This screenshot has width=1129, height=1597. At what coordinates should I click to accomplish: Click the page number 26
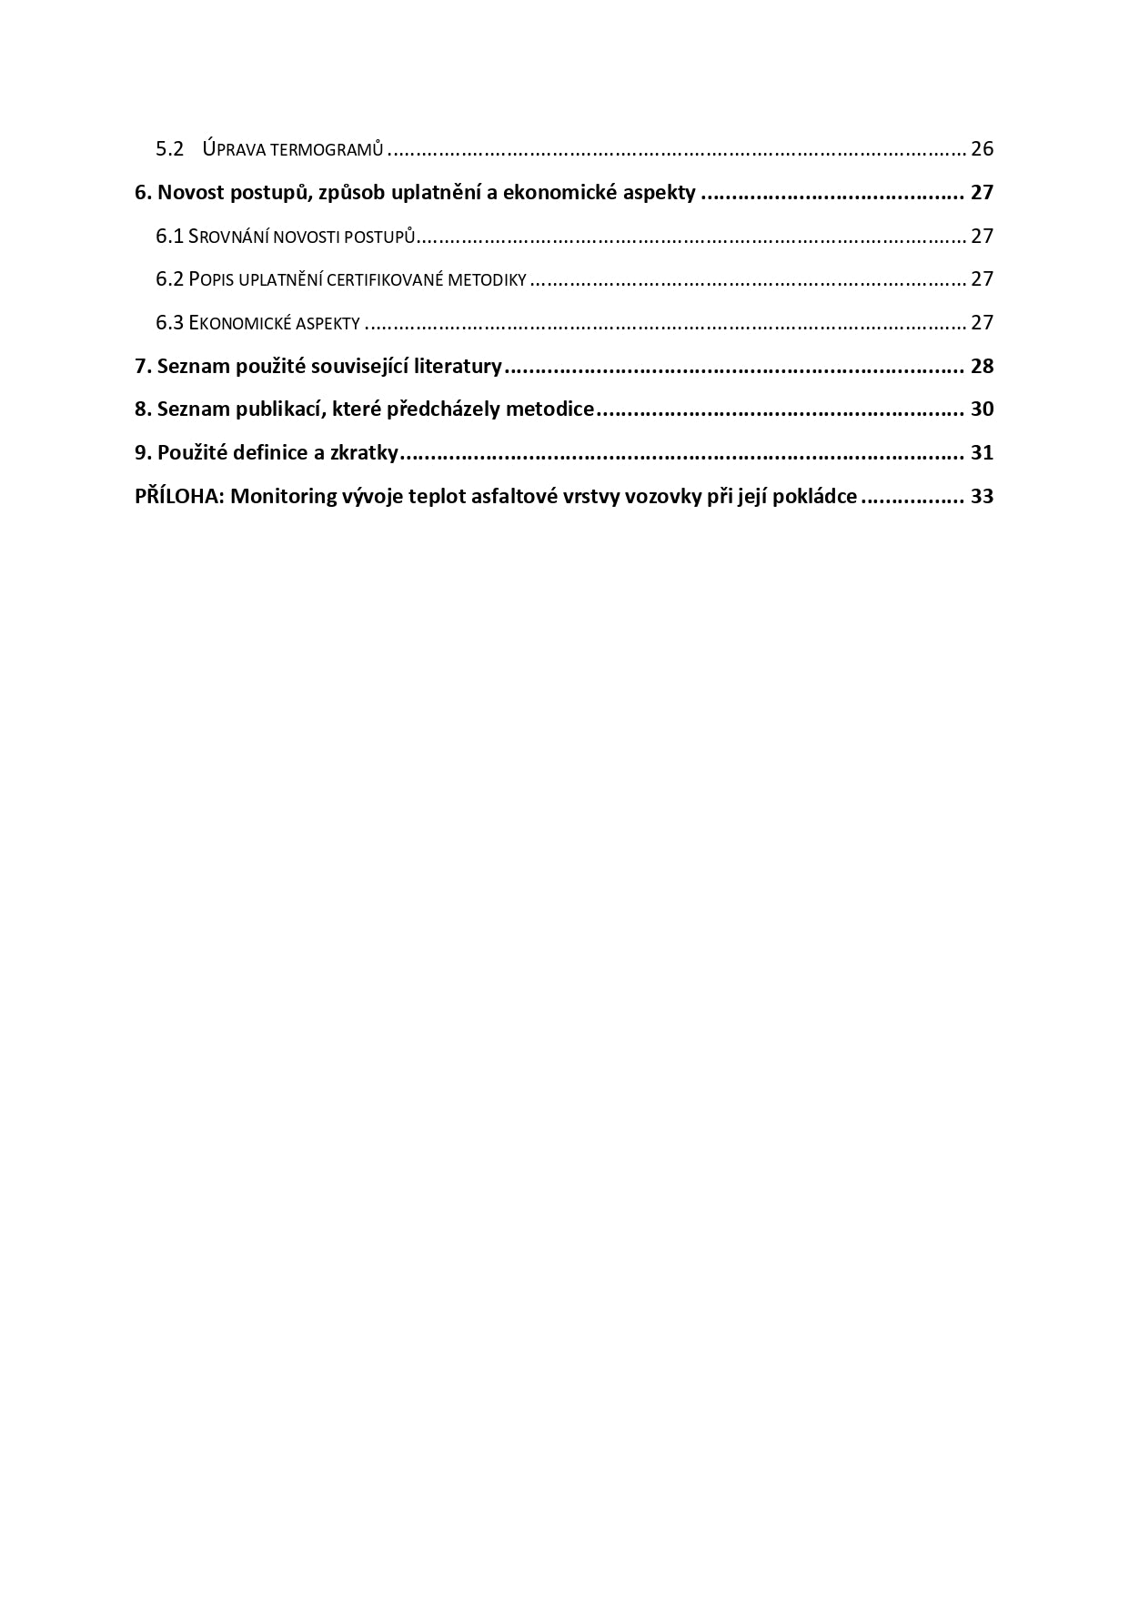click(982, 149)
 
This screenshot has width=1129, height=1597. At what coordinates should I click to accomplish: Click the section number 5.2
click(170, 149)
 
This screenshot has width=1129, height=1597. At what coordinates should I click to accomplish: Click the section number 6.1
click(170, 237)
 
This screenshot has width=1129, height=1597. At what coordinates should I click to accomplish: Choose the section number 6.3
click(170, 323)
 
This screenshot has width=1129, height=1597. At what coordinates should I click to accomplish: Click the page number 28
click(982, 367)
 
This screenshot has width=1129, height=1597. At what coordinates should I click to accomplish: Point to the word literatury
click(458, 367)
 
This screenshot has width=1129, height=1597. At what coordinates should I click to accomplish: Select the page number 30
click(982, 409)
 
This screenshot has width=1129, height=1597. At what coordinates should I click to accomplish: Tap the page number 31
click(982, 453)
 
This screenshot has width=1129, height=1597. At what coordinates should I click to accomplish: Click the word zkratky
click(364, 453)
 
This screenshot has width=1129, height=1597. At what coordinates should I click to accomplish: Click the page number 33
click(982, 497)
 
